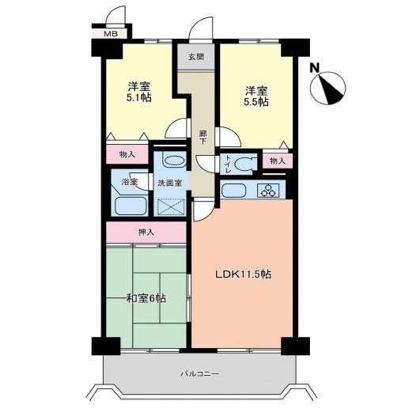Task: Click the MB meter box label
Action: pyautogui.click(x=111, y=34)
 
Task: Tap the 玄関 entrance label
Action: pyautogui.click(x=196, y=57)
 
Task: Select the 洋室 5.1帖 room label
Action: pyautogui.click(x=138, y=92)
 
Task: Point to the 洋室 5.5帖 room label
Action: pyautogui.click(x=256, y=96)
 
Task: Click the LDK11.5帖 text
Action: pyautogui.click(x=244, y=274)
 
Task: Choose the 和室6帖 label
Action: pyautogui.click(x=146, y=298)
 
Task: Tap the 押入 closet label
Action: pyautogui.click(x=146, y=233)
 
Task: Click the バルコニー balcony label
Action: pyautogui.click(x=200, y=373)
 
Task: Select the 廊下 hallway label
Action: pyautogui.click(x=203, y=137)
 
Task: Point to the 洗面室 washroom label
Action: pyautogui.click(x=170, y=184)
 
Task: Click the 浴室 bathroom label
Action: pyautogui.click(x=130, y=182)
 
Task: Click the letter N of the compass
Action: pyautogui.click(x=315, y=68)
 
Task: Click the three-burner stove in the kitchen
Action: pyautogui.click(x=268, y=191)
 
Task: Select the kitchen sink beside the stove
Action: pyautogui.click(x=234, y=191)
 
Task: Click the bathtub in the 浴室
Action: pyautogui.click(x=131, y=206)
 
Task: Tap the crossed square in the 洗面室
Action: pyautogui.click(x=171, y=206)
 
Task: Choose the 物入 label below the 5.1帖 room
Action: pyautogui.click(x=127, y=154)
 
